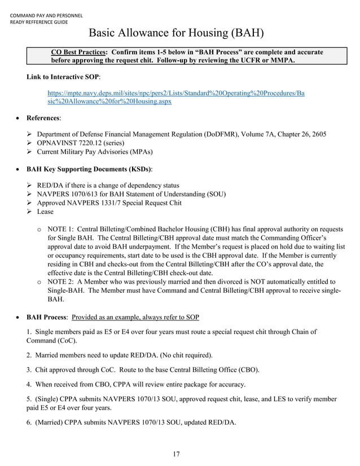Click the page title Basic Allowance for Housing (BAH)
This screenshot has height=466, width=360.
point(176,33)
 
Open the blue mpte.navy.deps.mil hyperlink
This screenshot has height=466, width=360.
point(176,97)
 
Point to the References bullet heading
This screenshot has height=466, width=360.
point(44,118)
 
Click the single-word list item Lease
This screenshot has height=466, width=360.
point(45,212)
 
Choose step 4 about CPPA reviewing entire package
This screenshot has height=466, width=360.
point(135,385)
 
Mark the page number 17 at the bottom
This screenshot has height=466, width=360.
point(176,455)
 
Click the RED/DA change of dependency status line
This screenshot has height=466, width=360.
point(108,185)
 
